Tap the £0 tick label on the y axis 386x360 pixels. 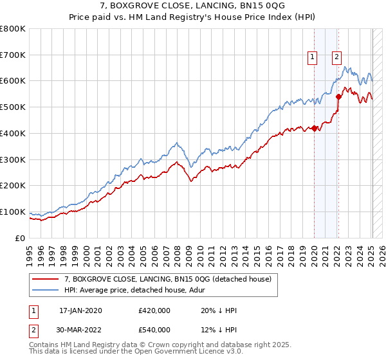click(21, 238)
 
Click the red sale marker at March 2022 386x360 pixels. click(339, 97)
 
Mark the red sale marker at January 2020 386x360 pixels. click(314, 128)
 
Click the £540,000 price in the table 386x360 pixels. click(154, 330)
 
